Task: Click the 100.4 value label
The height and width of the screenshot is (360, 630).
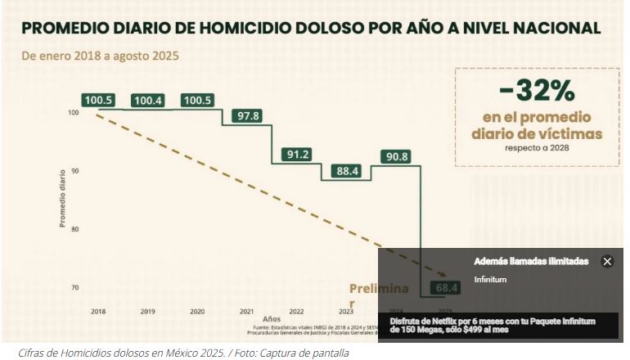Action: (148, 101)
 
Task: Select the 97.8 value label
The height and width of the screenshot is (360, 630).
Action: (247, 116)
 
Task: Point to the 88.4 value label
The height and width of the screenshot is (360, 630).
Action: (346, 171)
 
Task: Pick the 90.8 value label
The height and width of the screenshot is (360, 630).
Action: (395, 156)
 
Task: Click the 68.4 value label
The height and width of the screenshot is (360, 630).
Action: (447, 288)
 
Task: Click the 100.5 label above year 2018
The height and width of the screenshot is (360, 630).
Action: (98, 101)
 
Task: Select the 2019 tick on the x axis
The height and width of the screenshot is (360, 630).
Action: (148, 312)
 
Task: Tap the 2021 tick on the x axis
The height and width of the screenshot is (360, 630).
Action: (247, 312)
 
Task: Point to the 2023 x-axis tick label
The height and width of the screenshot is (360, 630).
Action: (346, 312)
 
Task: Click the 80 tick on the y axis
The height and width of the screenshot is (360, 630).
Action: (74, 229)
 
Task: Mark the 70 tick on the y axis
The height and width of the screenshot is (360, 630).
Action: (74, 288)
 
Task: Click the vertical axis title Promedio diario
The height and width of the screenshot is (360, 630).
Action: (62, 200)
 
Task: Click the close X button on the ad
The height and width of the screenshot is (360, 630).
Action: (607, 262)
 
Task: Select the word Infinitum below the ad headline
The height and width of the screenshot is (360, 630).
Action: (490, 280)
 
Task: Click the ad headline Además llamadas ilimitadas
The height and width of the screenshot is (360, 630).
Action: (531, 262)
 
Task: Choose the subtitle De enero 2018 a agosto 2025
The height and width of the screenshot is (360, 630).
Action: (100, 57)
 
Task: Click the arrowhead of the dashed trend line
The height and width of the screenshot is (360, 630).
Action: (444, 276)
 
